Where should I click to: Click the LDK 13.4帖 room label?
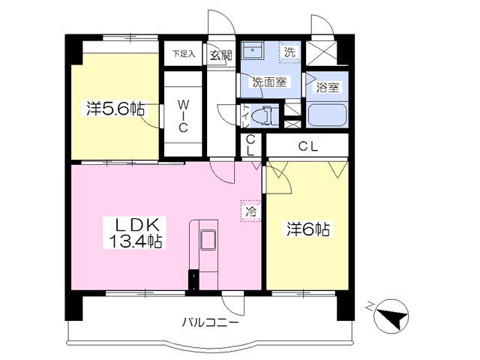[135, 232]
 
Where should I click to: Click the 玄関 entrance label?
[221, 54]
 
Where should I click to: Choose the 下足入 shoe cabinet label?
[182, 54]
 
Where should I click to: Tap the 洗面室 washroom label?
[268, 82]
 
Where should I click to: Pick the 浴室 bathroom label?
[328, 87]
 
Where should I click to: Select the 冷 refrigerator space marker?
[250, 211]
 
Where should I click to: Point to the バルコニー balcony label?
[211, 322]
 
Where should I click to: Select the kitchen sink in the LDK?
[207, 241]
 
